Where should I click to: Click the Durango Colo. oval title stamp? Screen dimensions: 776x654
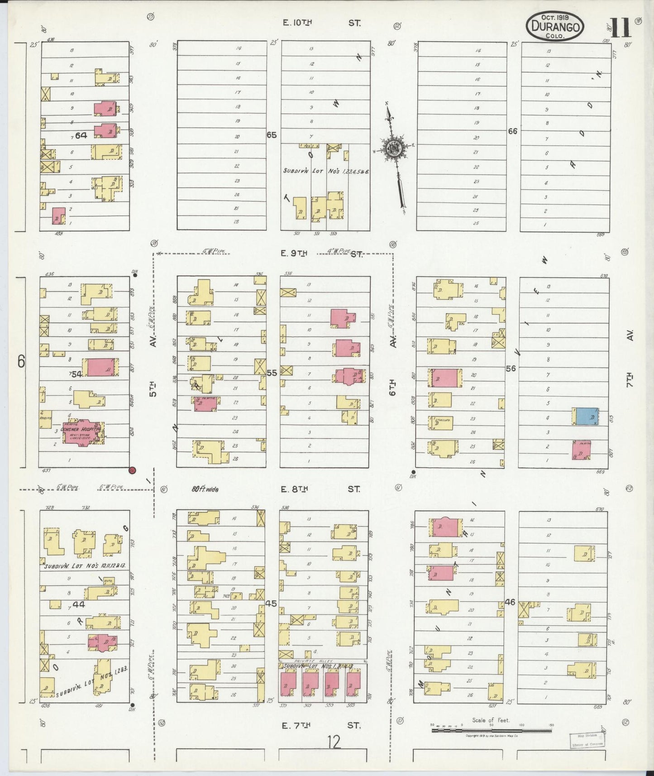click(554, 27)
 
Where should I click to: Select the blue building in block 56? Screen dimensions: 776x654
click(587, 416)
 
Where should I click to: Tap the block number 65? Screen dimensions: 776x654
click(271, 135)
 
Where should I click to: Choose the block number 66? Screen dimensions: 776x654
click(512, 131)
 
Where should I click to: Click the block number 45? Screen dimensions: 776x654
click(271, 604)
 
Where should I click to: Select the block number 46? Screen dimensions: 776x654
click(510, 602)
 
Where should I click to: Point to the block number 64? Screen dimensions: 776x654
click(81, 135)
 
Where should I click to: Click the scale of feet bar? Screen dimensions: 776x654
click(491, 730)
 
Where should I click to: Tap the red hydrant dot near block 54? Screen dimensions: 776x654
click(132, 470)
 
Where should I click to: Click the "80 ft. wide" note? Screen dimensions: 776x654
click(205, 489)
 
